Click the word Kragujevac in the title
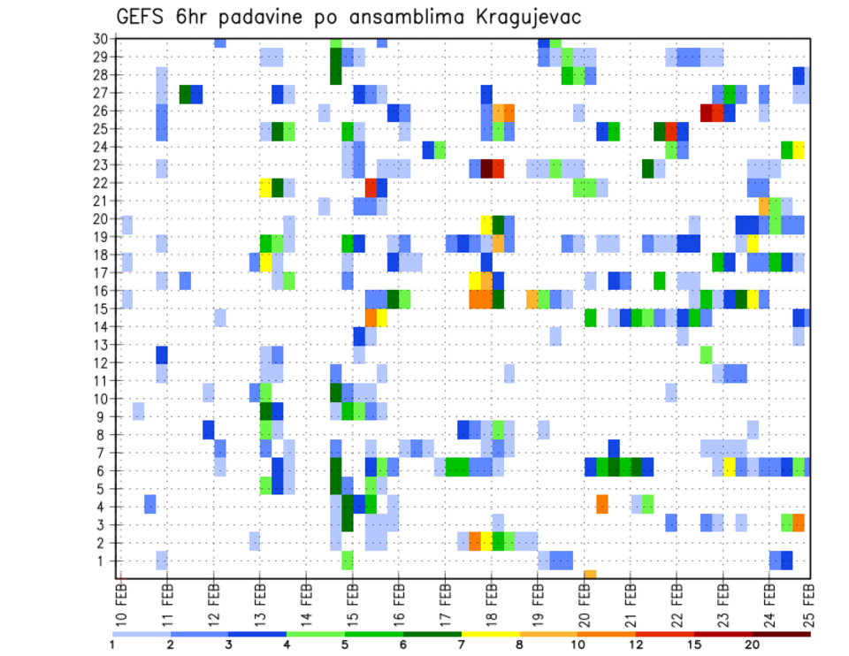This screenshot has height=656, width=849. point(522,18)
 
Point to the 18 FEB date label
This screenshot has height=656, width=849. point(491,601)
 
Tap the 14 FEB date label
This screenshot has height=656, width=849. point(306,601)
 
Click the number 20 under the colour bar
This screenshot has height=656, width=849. point(753,644)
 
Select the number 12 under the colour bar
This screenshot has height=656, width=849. point(638,644)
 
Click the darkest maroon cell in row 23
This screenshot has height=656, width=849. point(486,168)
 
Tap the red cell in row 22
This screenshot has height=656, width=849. point(371,187)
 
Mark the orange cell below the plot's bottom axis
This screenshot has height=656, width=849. point(590,575)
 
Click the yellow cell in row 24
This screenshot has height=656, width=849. point(799,149)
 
